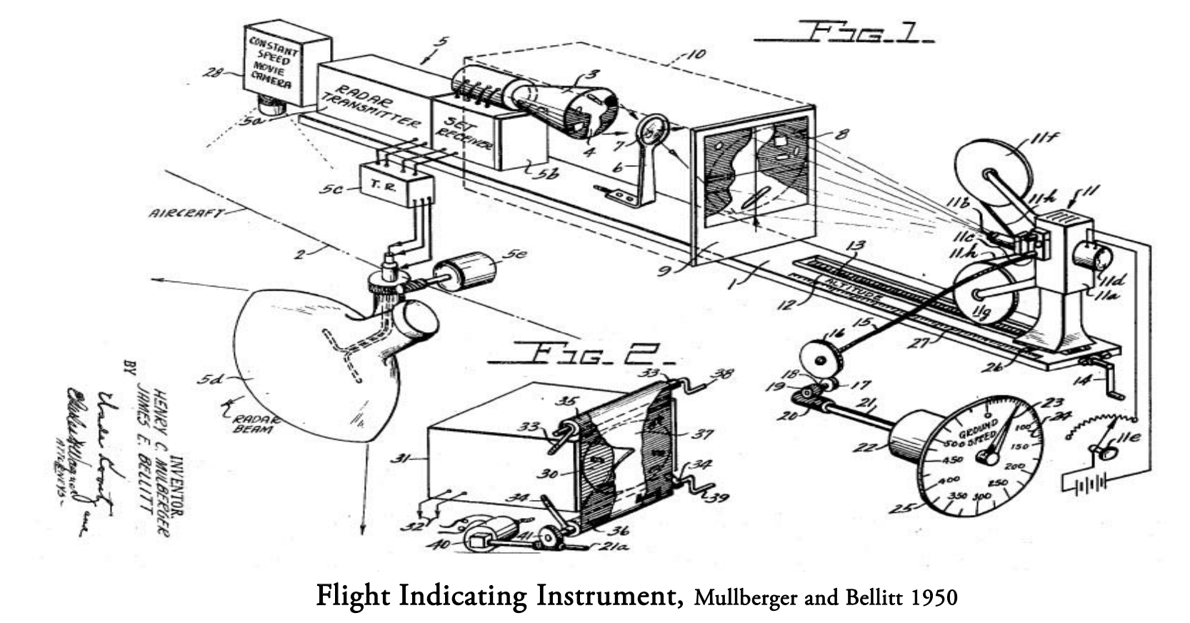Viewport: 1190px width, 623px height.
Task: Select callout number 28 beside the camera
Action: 213,73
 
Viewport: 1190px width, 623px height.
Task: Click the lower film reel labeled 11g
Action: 985,296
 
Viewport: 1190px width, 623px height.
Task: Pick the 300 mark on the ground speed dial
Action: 981,495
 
